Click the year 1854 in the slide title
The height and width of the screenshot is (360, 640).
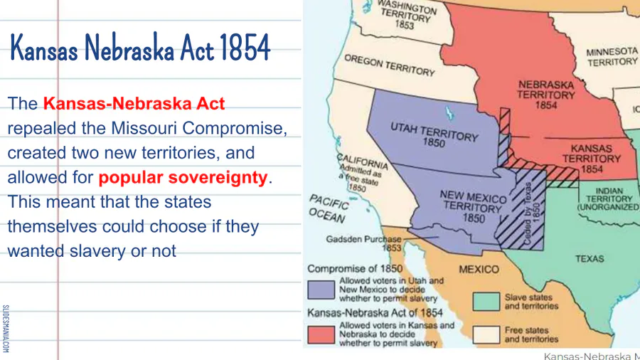click(245, 48)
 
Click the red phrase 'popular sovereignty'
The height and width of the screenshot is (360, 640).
click(183, 178)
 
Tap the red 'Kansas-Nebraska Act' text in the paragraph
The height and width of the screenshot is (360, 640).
click(134, 104)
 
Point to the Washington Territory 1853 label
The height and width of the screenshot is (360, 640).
click(407, 14)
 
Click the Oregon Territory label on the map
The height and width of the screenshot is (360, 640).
click(390, 65)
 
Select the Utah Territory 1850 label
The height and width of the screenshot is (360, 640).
click(434, 134)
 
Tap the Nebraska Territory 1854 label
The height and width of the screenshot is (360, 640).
click(546, 95)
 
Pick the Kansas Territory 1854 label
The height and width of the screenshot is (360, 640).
click(592, 159)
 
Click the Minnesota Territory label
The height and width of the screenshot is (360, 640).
click(612, 57)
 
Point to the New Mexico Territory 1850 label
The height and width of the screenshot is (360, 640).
click(473, 207)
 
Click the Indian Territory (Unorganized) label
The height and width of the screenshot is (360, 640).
click(609, 199)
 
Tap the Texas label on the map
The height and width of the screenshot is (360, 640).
click(590, 259)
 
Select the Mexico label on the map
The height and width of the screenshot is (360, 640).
click(479, 270)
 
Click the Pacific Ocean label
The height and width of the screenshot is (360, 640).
click(329, 208)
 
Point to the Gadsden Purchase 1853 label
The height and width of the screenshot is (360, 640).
click(364, 243)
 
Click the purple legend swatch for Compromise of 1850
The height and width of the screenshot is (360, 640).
click(321, 290)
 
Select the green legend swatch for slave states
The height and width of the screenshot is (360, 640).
click(486, 302)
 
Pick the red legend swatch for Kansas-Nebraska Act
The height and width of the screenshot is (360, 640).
click(321, 334)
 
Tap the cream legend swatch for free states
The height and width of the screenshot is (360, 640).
click(486, 334)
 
